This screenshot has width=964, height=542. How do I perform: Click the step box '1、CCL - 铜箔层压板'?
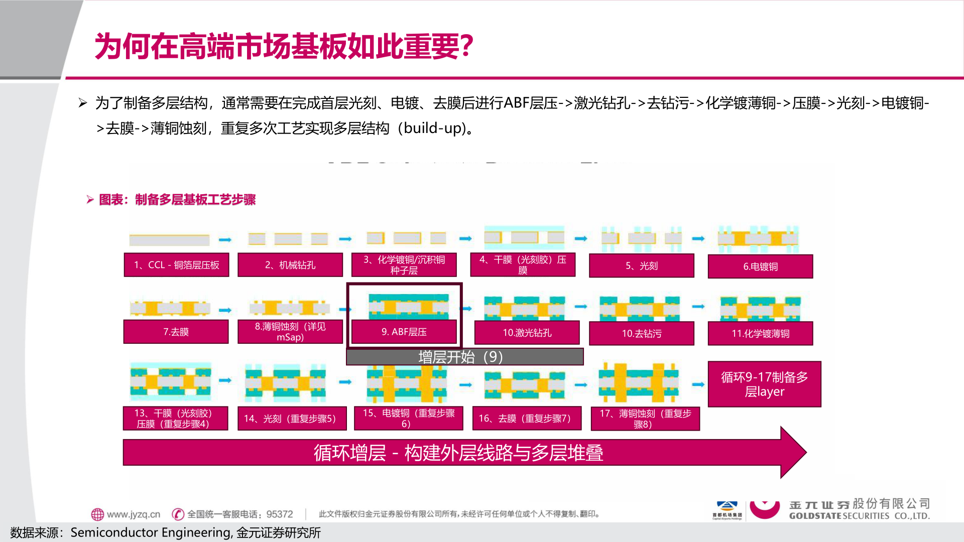(x=176, y=265)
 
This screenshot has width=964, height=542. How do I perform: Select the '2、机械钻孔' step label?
(x=290, y=265)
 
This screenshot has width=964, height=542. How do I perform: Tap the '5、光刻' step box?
(x=641, y=266)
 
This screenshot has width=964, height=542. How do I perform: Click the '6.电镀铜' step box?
(x=760, y=266)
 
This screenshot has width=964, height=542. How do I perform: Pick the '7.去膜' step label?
(x=176, y=332)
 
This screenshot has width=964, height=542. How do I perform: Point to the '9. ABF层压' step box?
(x=404, y=332)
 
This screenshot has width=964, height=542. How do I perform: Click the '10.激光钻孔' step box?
(x=527, y=333)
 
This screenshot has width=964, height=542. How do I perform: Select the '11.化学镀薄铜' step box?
(x=760, y=334)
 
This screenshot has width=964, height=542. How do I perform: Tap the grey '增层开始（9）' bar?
(x=464, y=357)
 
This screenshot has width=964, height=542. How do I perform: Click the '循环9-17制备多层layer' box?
(x=764, y=384)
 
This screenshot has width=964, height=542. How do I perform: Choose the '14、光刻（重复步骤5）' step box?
(x=292, y=419)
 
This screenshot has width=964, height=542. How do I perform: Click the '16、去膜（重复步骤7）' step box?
(x=527, y=419)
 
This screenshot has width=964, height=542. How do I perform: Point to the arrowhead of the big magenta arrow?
(x=793, y=452)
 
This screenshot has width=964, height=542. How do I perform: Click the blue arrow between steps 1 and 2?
(x=225, y=239)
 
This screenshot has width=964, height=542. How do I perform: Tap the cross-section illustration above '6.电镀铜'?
(x=758, y=239)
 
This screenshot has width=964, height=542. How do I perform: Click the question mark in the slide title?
(x=467, y=46)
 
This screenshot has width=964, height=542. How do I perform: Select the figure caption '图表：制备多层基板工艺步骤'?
(x=177, y=200)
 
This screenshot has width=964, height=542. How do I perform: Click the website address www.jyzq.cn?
(x=133, y=514)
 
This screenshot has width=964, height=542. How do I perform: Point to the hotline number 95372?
(x=280, y=514)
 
